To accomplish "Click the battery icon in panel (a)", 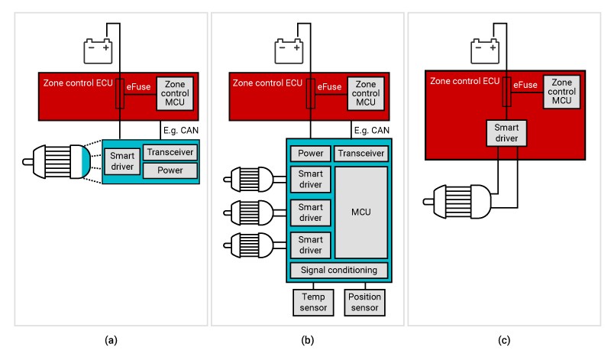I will [x=99, y=50].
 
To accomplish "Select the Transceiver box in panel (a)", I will [x=170, y=152].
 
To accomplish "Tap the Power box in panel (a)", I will [x=170, y=170].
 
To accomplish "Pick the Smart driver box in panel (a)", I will [x=121, y=161].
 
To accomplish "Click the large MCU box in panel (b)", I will [x=360, y=211].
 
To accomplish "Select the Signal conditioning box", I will [x=339, y=271].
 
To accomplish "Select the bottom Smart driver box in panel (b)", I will [x=309, y=245].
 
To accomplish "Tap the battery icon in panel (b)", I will [x=290, y=50].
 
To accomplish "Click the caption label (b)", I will [x=308, y=339].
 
